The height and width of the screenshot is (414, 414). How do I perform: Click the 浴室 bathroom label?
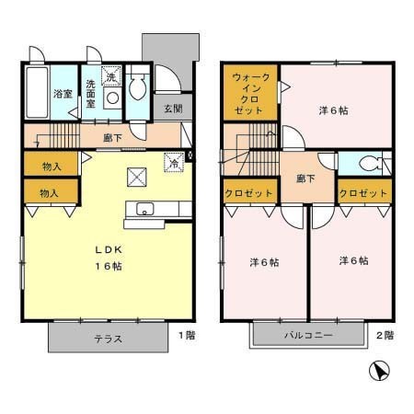pyautogui.click(x=62, y=93)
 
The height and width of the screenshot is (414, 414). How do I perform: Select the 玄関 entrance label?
pyautogui.click(x=173, y=108)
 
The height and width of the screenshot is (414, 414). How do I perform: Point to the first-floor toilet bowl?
pyautogui.click(x=137, y=89)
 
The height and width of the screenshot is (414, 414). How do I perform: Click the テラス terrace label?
pyautogui.click(x=109, y=338)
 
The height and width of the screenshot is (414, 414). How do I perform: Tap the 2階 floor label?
pyautogui.click(x=385, y=335)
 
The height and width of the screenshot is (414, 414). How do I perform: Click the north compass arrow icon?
pyautogui.click(x=377, y=373)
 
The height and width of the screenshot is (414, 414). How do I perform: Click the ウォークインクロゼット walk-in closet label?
pyautogui.click(x=249, y=93)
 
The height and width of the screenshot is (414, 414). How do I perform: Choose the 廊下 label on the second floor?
pyautogui.click(x=305, y=178)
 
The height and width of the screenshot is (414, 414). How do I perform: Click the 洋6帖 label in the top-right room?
pyautogui.click(x=334, y=111)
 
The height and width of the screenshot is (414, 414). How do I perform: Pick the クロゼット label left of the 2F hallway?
pyautogui.click(x=249, y=194)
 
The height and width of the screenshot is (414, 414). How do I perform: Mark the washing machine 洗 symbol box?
pyautogui.click(x=109, y=77)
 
